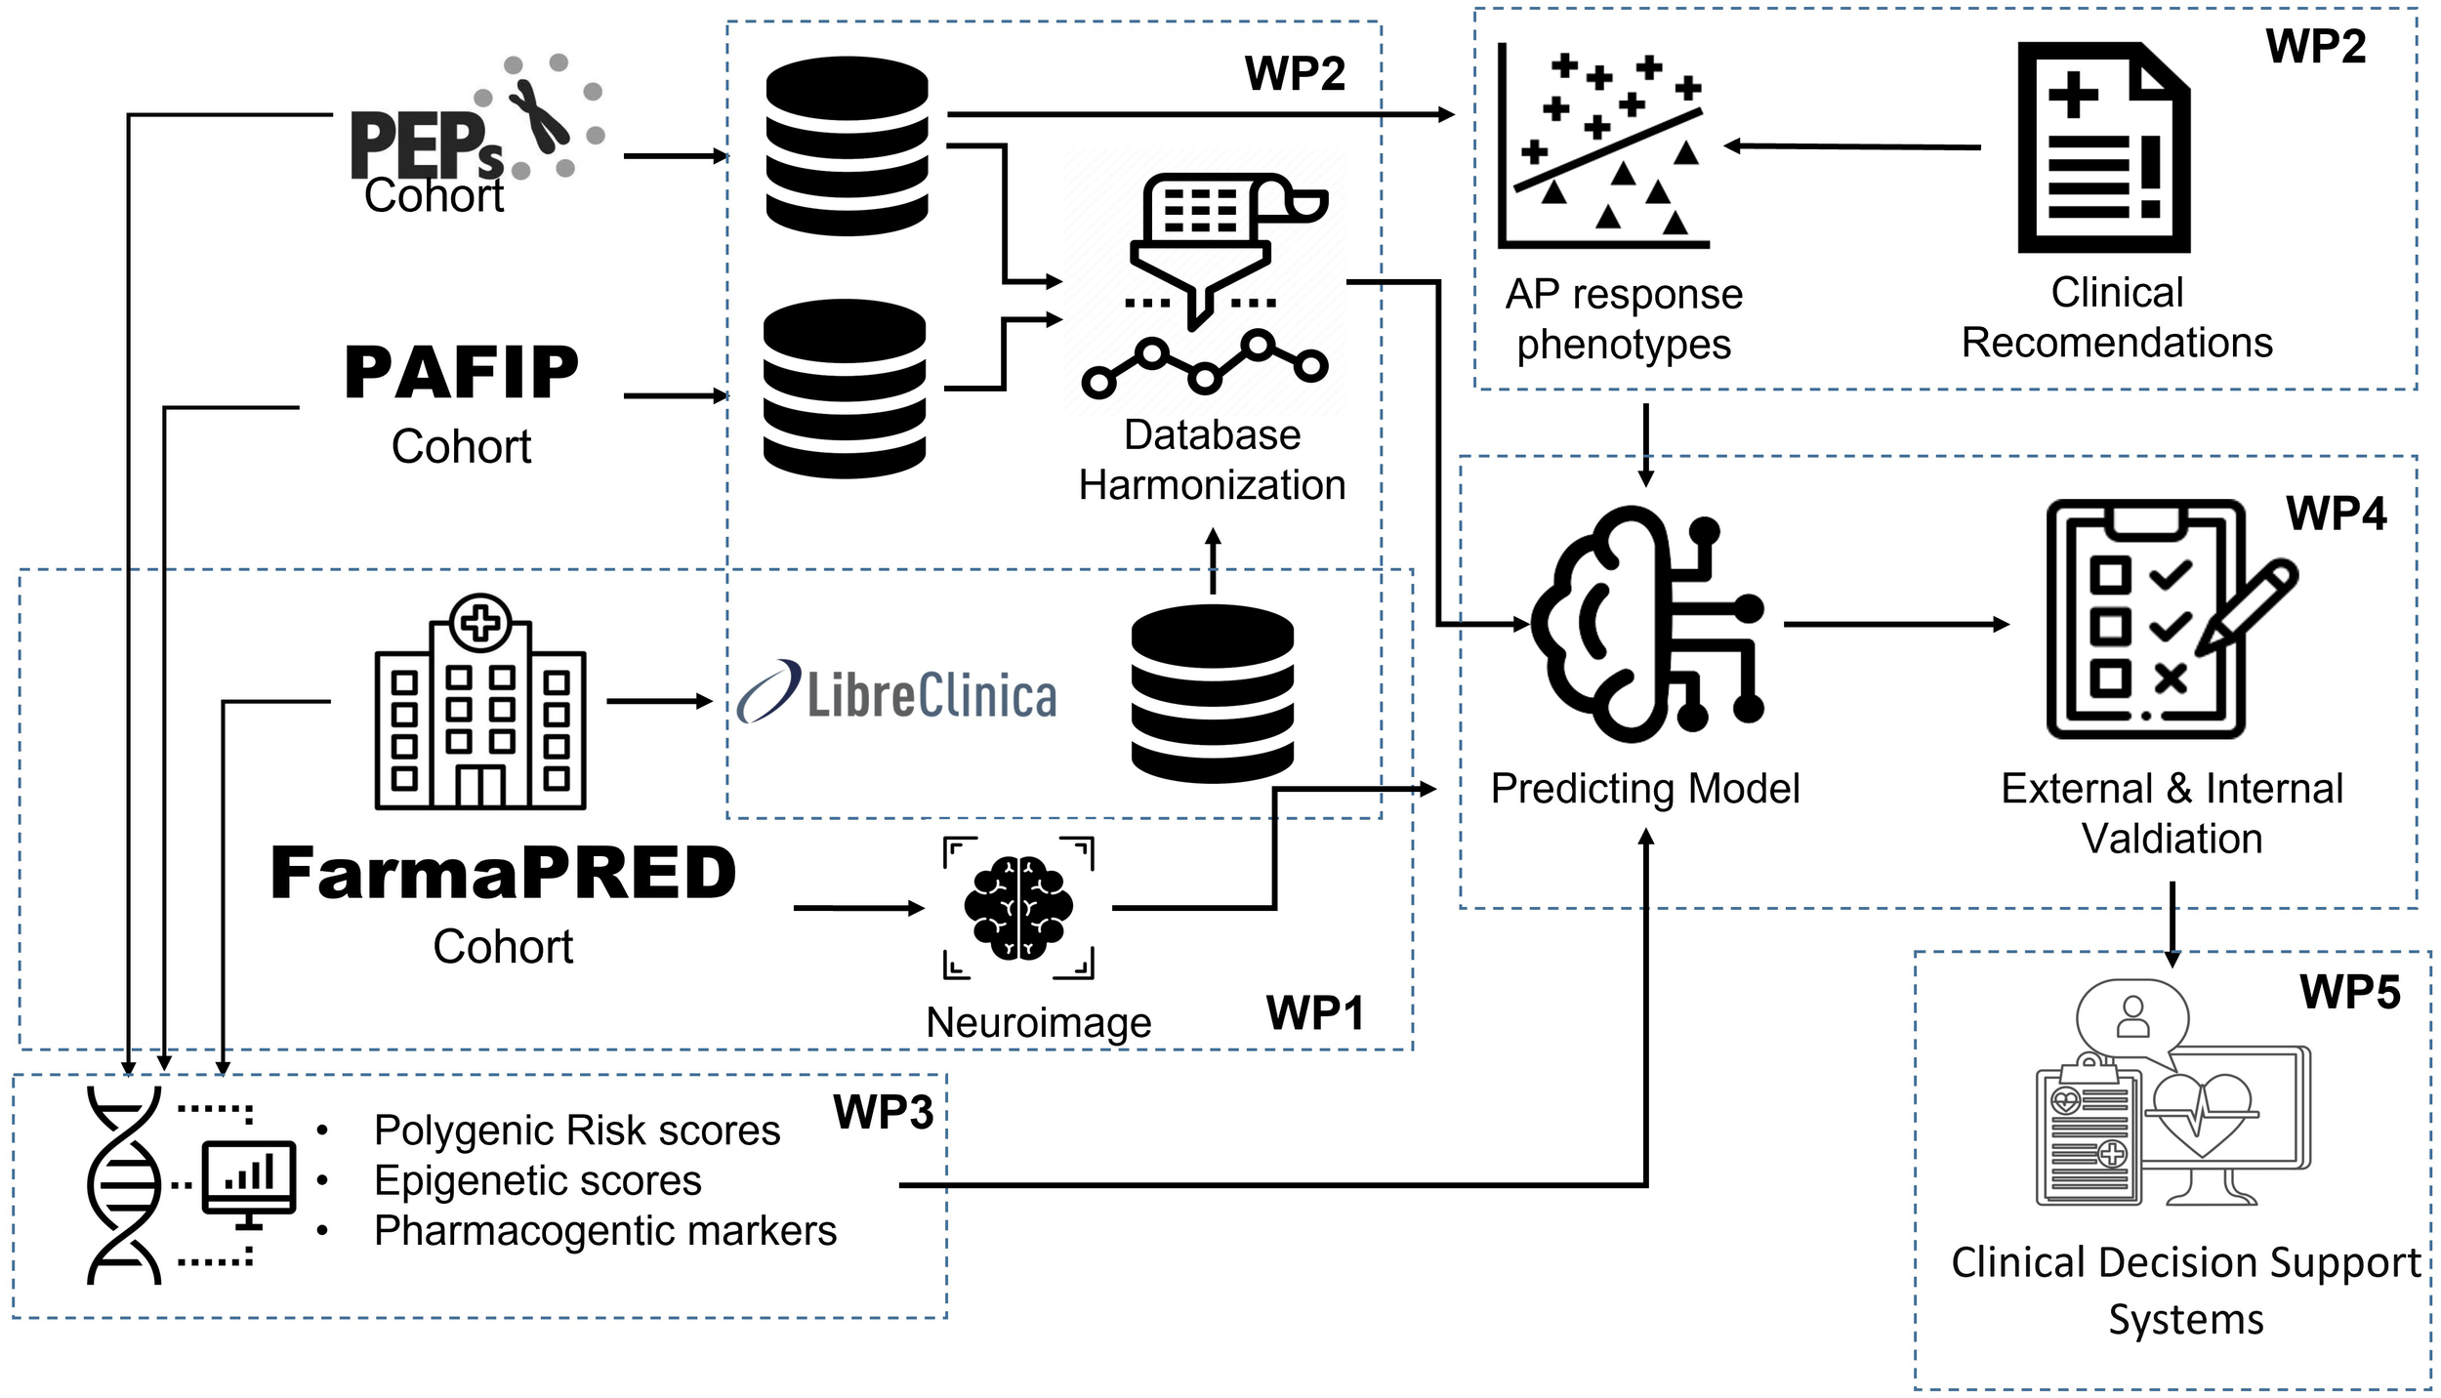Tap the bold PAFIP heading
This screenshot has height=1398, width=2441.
462,373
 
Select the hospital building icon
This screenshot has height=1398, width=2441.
480,703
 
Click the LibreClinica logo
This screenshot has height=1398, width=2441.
896,694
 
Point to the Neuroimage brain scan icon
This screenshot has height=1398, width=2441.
1018,907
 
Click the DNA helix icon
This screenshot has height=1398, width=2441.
124,1185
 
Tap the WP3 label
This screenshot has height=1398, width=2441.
883,1112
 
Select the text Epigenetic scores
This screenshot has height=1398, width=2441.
537,1180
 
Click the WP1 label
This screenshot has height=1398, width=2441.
1314,1013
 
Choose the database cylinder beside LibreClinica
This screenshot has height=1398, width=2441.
1212,693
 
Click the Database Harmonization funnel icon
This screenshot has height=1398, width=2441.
1205,283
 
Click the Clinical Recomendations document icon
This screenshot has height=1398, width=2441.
2104,147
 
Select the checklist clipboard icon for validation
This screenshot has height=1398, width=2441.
2162,619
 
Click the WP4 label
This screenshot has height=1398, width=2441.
2336,514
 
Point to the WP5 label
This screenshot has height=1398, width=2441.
2349,993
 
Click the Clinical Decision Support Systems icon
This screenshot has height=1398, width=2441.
2172,1108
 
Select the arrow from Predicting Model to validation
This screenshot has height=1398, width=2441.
1894,624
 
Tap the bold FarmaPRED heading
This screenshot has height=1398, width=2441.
503,873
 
